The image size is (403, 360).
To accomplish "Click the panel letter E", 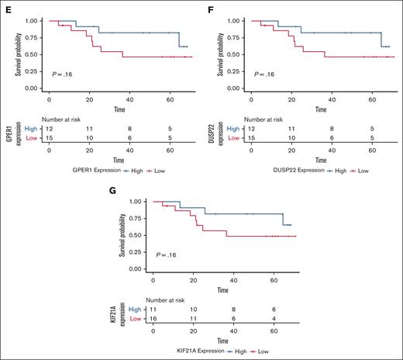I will [x=5, y=9].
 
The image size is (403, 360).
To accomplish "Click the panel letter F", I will [x=211, y=9].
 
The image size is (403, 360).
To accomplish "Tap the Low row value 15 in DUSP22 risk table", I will [x=253, y=137].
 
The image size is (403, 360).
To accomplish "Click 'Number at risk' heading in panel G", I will [x=165, y=298].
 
